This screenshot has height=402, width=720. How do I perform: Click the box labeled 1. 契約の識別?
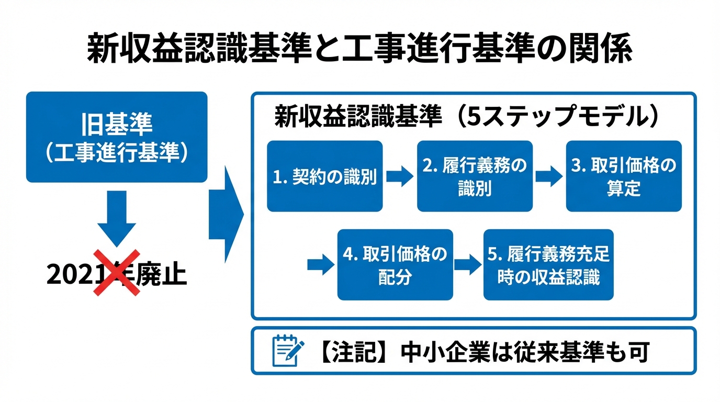(324, 176)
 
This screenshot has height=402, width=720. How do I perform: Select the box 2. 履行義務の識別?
(474, 176)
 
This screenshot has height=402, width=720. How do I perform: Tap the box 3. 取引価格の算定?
(624, 176)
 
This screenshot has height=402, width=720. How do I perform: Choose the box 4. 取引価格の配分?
(395, 264)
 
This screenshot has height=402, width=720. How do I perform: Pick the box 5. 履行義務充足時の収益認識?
(548, 264)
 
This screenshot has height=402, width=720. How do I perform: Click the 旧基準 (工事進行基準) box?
(117, 137)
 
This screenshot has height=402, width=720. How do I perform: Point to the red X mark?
(117, 272)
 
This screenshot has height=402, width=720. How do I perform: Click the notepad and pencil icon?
(288, 351)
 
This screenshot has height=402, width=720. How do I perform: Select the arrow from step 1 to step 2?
(400, 176)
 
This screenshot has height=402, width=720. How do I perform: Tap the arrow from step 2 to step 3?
(549, 176)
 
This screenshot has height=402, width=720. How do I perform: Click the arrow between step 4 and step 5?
(467, 264)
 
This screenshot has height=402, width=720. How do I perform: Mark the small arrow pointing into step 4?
(320, 264)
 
